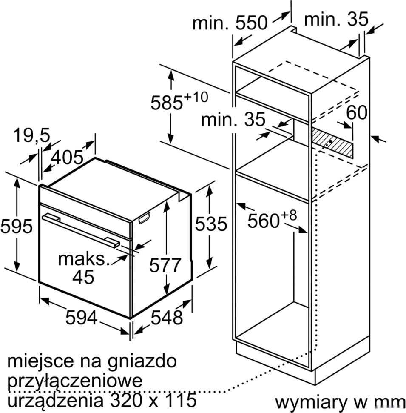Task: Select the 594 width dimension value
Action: click(82, 318)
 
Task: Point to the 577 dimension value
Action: click(165, 265)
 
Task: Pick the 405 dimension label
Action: click(67, 158)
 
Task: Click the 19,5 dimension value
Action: click(31, 136)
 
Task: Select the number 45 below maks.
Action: click(83, 277)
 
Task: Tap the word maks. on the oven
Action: click(84, 258)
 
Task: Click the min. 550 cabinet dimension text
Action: click(230, 23)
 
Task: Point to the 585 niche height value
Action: click(167, 103)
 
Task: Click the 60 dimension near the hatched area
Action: click(356, 113)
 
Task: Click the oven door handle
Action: click(81, 230)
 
